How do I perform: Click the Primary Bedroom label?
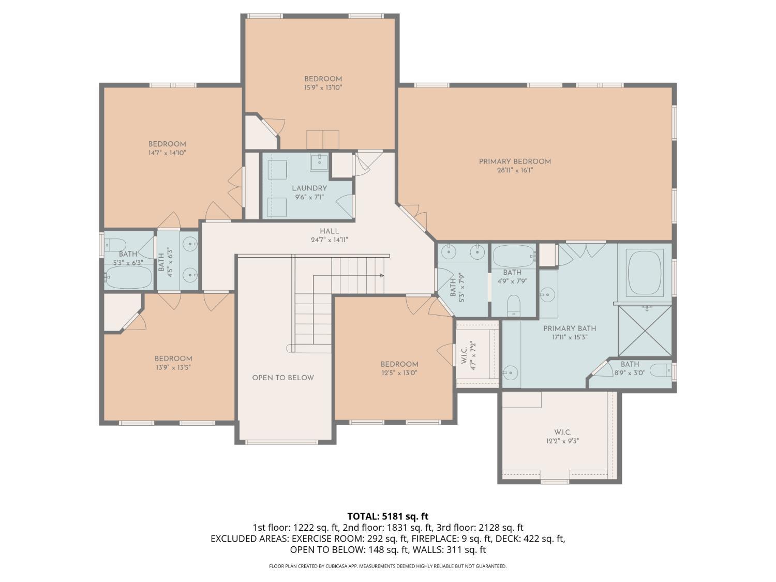[x=515, y=161]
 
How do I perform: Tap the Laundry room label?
[x=309, y=188]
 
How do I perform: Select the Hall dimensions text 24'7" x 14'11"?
[x=330, y=240]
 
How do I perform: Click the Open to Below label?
[x=283, y=378]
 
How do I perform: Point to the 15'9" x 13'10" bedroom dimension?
[x=323, y=87]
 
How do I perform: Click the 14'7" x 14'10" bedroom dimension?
[x=167, y=153]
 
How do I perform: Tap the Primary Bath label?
[x=570, y=329]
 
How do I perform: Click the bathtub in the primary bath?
[x=644, y=272]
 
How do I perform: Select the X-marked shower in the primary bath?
[x=645, y=331]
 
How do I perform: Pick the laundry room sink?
[x=319, y=162]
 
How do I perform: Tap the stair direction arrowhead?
[x=382, y=276]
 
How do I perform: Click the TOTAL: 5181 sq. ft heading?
[x=388, y=517]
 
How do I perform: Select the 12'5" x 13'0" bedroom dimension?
[x=399, y=373]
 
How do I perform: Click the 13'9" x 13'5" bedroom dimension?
[x=173, y=367]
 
